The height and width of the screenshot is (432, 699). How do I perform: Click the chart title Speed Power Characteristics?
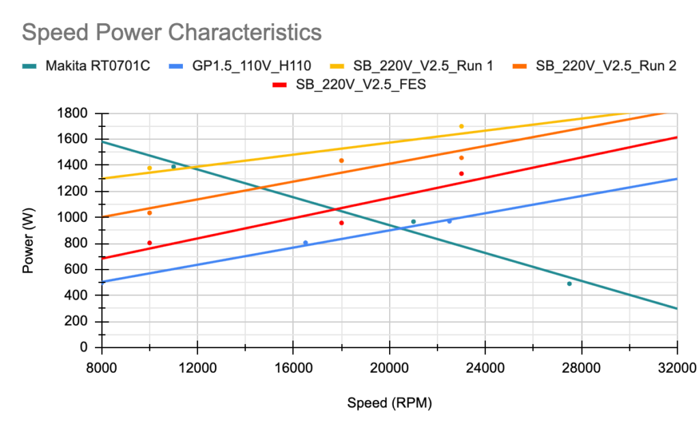click(x=171, y=32)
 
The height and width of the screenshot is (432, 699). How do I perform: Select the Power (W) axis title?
click(x=28, y=230)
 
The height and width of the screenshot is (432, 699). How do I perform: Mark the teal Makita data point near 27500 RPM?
click(x=569, y=283)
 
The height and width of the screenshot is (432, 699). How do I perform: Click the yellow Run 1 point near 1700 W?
click(x=461, y=126)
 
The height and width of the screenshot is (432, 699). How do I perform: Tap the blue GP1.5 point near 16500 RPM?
click(x=305, y=243)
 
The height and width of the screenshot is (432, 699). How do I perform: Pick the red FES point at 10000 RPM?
click(x=149, y=243)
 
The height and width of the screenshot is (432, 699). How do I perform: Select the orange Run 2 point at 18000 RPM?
click(x=341, y=160)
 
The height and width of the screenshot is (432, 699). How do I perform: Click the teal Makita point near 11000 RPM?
click(x=173, y=167)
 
